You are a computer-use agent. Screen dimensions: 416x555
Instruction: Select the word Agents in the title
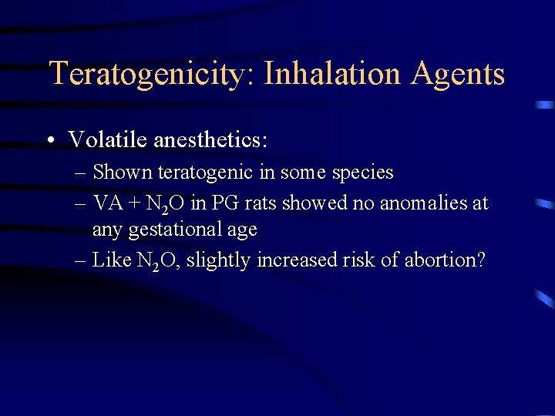459,75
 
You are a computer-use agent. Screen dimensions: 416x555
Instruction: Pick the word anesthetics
210,139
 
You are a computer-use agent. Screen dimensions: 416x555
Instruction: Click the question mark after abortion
481,260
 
